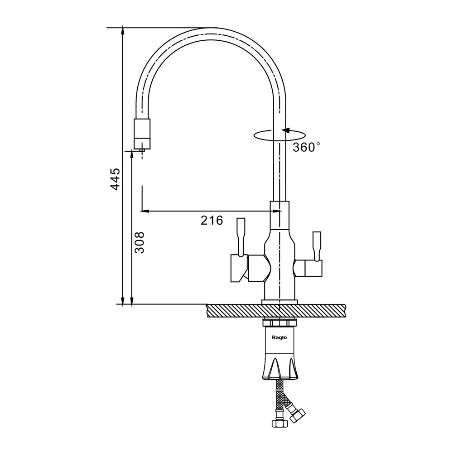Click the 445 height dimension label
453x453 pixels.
(115, 178)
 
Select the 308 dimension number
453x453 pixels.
(140, 242)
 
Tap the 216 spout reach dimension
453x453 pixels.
(212, 221)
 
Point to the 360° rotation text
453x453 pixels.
(307, 147)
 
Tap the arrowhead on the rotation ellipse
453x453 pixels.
(286, 130)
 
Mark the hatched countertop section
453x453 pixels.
(276, 311)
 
